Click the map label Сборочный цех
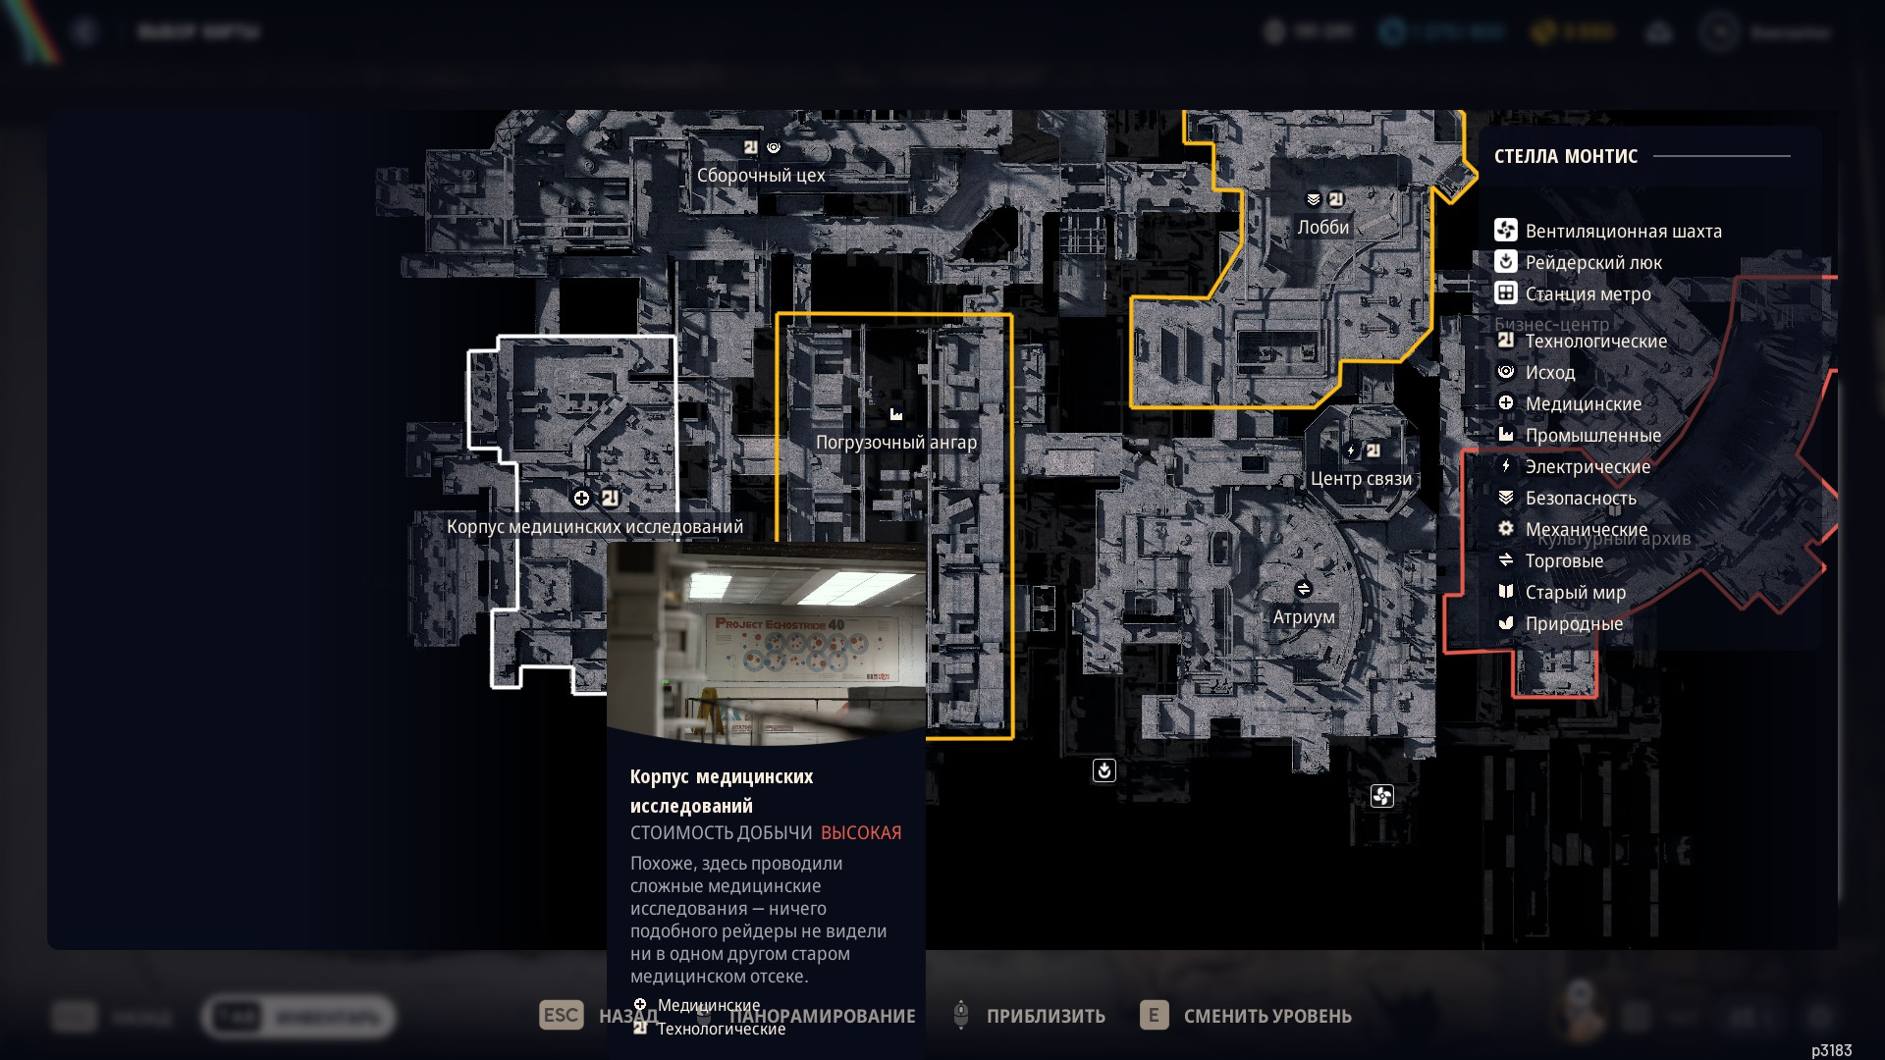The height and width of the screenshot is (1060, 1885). coord(761,176)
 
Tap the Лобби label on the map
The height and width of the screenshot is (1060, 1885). coord(1322,228)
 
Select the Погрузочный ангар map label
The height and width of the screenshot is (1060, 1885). coord(895,443)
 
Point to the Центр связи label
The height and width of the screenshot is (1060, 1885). coord(1361,479)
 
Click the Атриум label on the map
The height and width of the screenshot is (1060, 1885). coord(1304,617)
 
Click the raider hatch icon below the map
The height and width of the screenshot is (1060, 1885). coord(1104,770)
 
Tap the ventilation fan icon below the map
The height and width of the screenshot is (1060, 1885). coord(1381,796)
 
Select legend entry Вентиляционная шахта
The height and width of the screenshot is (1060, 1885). coord(1623,232)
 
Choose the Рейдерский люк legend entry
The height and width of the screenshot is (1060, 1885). coord(1592,263)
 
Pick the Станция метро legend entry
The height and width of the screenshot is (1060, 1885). coord(1588,294)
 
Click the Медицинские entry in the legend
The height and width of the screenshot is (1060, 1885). coord(1583,404)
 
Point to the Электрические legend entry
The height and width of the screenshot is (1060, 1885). coord(1588,467)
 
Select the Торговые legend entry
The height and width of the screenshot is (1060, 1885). coord(1564,561)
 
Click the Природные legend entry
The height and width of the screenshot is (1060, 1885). coord(1574,624)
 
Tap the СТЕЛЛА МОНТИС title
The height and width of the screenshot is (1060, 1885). coord(1566,156)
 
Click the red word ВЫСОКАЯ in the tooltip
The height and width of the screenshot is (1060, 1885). coord(861,833)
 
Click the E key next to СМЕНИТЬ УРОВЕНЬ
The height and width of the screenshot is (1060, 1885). coord(1154,1016)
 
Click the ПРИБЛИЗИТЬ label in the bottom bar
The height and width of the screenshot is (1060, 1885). coord(1046,1017)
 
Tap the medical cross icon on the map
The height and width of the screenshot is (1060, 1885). coord(581,499)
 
